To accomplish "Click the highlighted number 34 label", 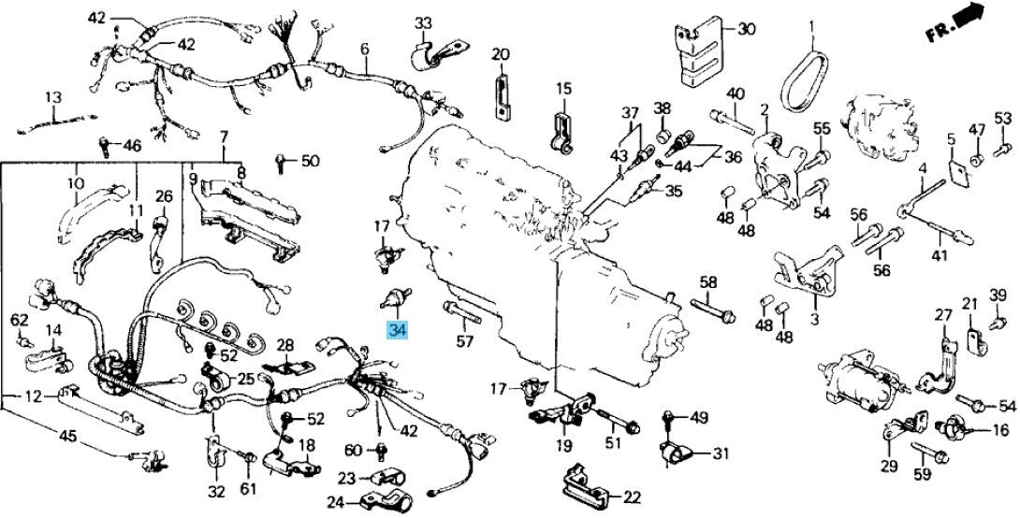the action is (397, 330).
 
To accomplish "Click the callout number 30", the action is (746, 29).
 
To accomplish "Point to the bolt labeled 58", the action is (712, 310).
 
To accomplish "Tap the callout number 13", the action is (53, 97).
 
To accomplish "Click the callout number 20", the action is (501, 54).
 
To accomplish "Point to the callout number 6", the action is (364, 48).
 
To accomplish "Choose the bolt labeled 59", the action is (929, 453).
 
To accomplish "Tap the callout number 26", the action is (164, 195).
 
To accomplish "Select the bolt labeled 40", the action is (732, 121).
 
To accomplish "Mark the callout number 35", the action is (674, 191).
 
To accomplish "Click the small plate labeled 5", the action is (957, 170).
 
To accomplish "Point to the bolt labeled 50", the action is (281, 163).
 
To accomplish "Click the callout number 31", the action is (721, 453).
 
